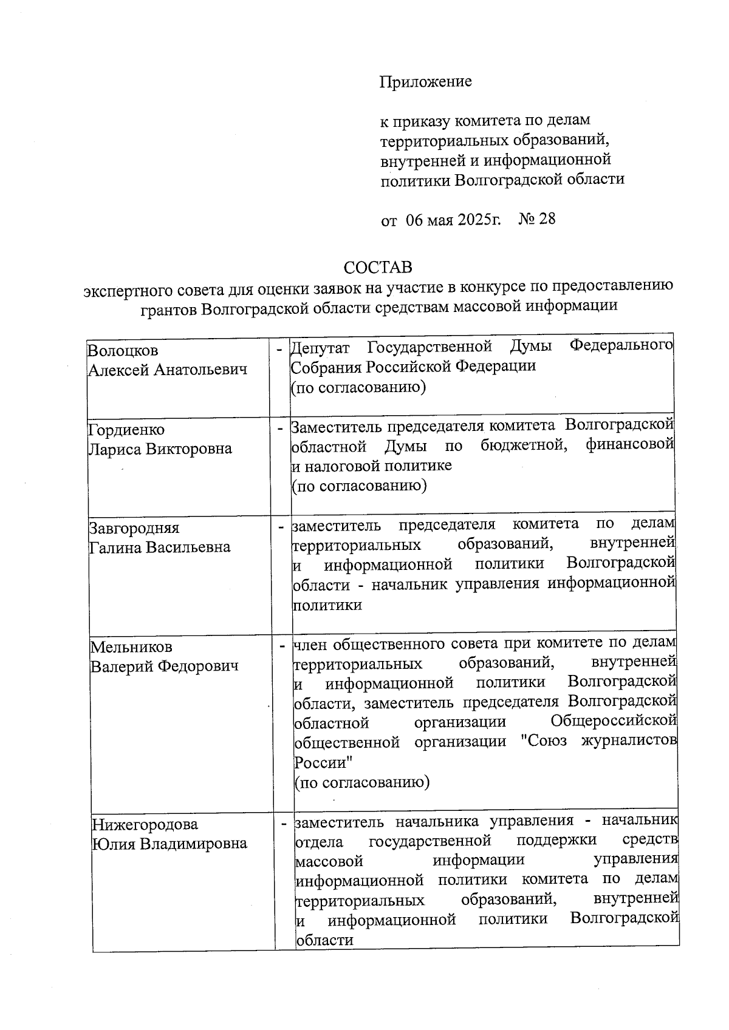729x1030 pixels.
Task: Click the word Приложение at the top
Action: pyautogui.click(x=425, y=81)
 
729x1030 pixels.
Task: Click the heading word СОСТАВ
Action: pyautogui.click(x=377, y=267)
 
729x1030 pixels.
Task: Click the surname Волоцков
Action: pyautogui.click(x=123, y=351)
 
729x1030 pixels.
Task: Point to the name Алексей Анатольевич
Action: pyautogui.click(x=168, y=370)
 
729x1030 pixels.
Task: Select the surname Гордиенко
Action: pyautogui.click(x=126, y=430)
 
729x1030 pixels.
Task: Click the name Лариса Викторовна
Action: pyautogui.click(x=160, y=449)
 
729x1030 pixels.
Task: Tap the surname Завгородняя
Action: pyautogui.click(x=134, y=527)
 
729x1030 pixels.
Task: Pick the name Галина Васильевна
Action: pyautogui.click(x=160, y=547)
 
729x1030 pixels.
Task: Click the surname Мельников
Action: pyautogui.click(x=131, y=646)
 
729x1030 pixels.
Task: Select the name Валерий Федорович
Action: pyautogui.click(x=165, y=666)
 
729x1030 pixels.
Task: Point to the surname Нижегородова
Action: pyautogui.click(x=145, y=824)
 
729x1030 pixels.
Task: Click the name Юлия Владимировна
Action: pyautogui.click(x=169, y=844)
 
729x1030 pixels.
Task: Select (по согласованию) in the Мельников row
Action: pyautogui.click(x=361, y=782)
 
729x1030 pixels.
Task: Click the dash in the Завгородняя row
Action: pyautogui.click(x=281, y=527)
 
